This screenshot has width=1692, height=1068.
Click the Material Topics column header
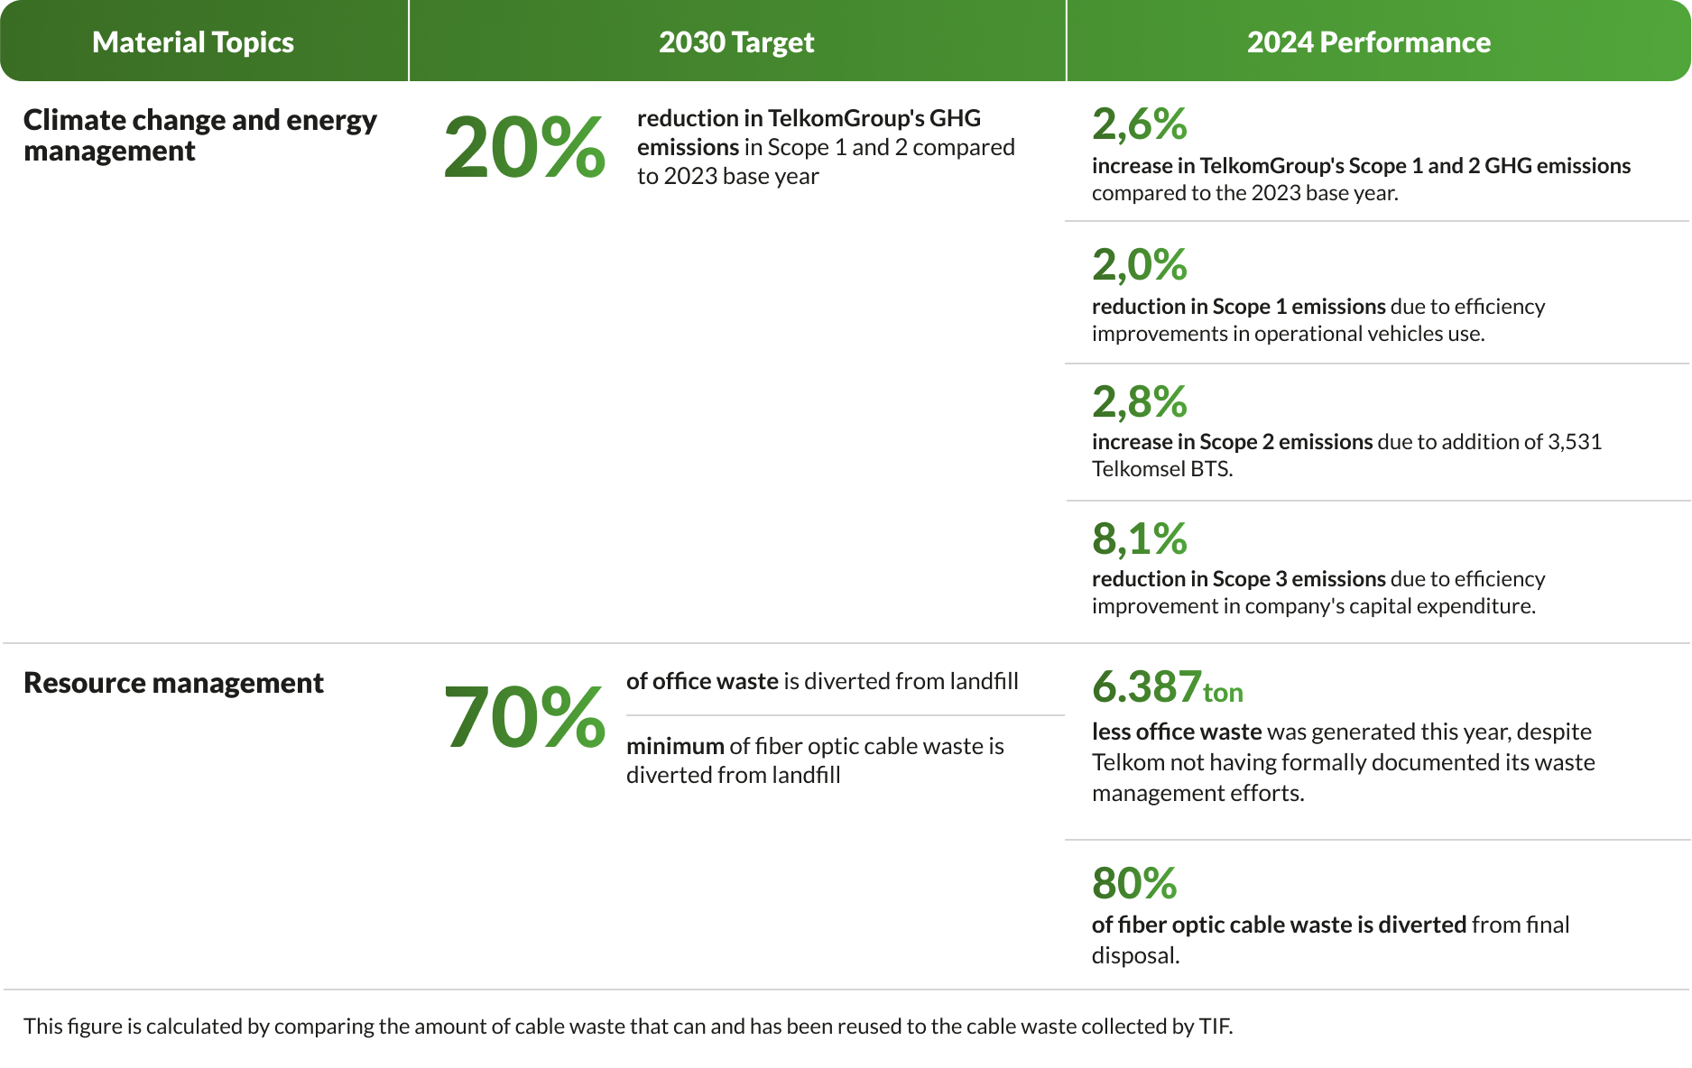click(192, 42)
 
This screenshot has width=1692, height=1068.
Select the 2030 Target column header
click(736, 42)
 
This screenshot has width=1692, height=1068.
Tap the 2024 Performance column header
click(1368, 42)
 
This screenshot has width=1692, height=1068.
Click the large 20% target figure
click(524, 147)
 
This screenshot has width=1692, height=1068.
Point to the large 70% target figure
click(524, 717)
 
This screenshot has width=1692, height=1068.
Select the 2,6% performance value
click(1139, 124)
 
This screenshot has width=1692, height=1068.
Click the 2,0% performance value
click(1139, 265)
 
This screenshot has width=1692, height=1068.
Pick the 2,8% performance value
click(1139, 402)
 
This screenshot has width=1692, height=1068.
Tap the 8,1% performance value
click(1139, 539)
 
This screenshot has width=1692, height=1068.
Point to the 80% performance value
click(1134, 884)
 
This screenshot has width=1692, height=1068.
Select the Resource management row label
click(173, 683)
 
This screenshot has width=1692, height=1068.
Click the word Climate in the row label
click(74, 120)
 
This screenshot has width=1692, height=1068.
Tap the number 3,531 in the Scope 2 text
click(1575, 442)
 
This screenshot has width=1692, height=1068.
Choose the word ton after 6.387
click(1223, 693)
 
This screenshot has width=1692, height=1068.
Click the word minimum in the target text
click(675, 746)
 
